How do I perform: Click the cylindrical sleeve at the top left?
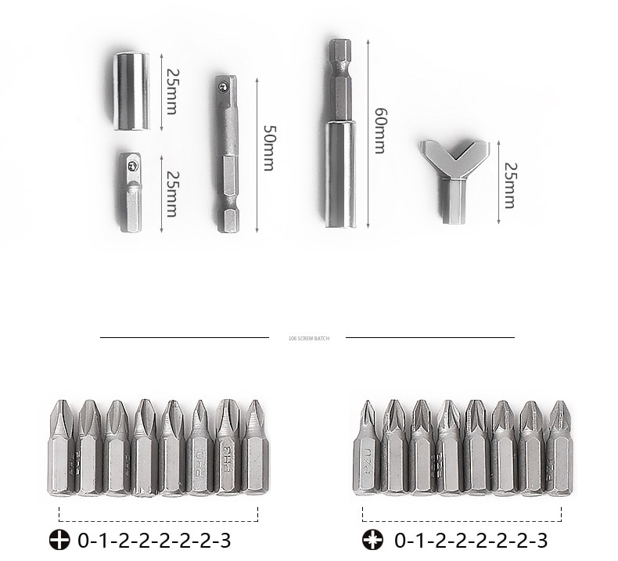coord(131,91)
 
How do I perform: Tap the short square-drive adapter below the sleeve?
coord(131,192)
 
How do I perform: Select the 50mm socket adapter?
coord(228,154)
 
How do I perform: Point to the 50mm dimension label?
coord(268,147)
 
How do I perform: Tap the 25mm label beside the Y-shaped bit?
coord(509,185)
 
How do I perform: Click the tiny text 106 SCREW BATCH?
coord(309,338)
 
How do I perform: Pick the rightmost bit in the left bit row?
coord(254,448)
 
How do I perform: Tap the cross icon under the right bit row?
coord(372,540)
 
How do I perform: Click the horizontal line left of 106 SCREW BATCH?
coord(185,337)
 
